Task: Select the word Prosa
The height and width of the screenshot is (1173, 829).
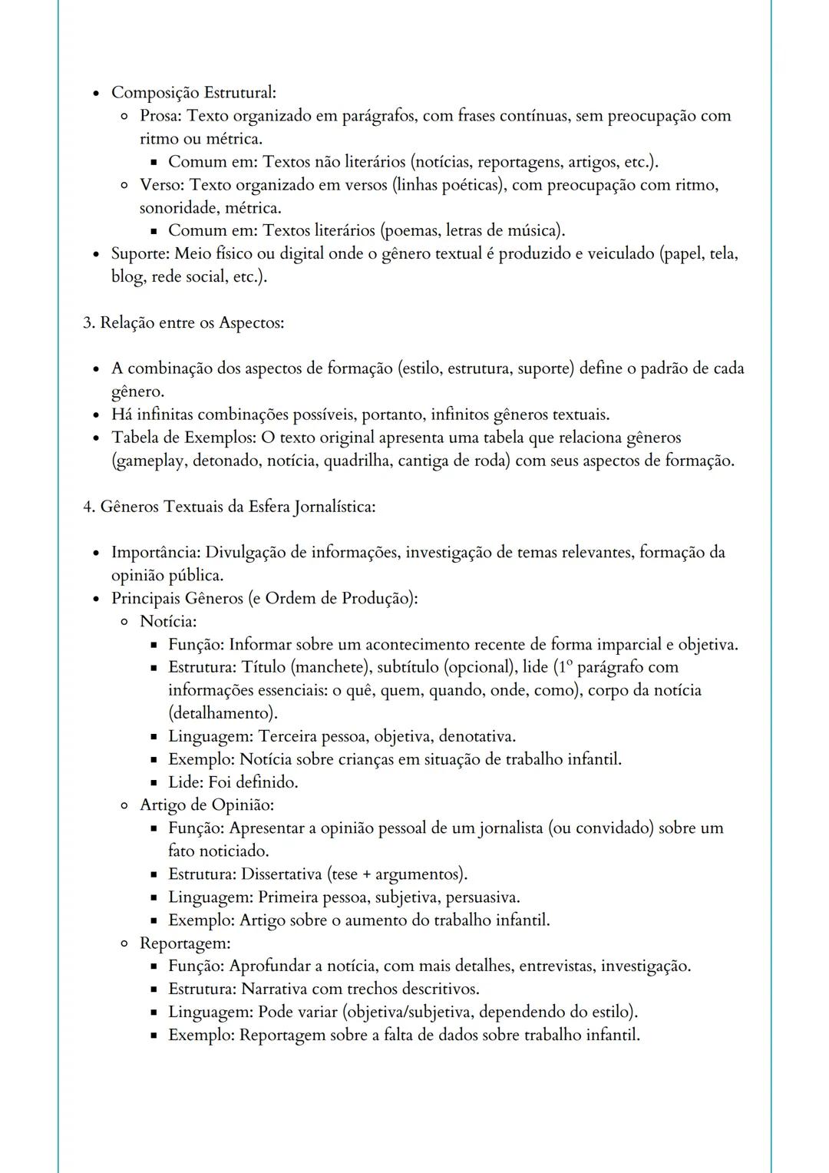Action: click(161, 116)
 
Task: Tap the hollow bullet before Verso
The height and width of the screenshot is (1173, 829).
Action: click(124, 185)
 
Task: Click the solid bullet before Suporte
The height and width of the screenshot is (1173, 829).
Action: click(95, 254)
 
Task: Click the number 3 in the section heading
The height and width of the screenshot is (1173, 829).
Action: click(87, 322)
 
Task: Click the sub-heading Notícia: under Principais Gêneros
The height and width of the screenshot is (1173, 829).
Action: click(168, 621)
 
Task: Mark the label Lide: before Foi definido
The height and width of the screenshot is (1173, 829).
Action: click(186, 782)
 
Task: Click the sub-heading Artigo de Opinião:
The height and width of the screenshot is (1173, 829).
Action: click(206, 805)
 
